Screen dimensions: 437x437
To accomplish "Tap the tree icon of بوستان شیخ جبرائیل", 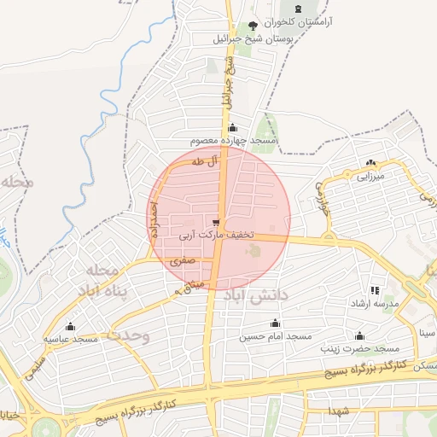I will tap(252, 26).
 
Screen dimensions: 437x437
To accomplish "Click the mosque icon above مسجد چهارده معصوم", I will tap(233, 128).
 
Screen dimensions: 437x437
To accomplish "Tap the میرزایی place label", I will tap(372, 176).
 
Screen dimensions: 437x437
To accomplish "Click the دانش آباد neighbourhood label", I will tap(259, 295).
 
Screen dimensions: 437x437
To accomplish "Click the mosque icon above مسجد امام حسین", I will tap(275, 323).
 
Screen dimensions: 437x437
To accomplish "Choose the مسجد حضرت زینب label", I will tap(359, 348).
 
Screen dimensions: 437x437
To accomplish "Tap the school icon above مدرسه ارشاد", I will tap(375, 291).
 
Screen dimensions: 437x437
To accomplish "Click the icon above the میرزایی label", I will tap(370, 163).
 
